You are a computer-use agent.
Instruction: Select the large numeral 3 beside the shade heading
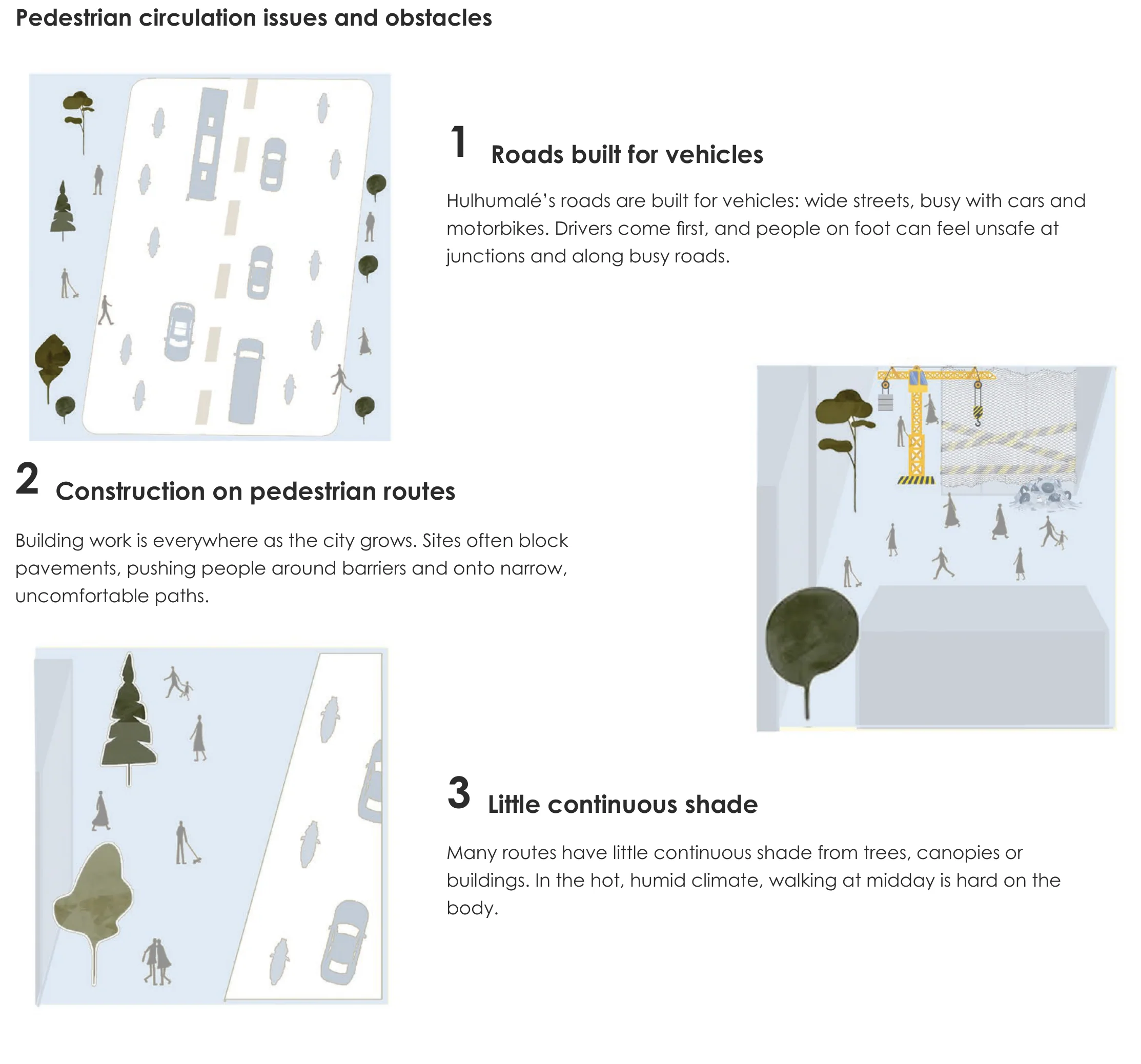point(459,793)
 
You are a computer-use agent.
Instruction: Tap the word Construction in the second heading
point(130,491)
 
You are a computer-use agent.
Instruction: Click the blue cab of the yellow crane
point(915,378)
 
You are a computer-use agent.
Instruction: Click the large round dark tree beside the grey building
point(811,635)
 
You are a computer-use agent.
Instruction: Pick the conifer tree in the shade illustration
point(129,718)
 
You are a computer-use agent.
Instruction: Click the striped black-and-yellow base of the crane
point(915,480)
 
